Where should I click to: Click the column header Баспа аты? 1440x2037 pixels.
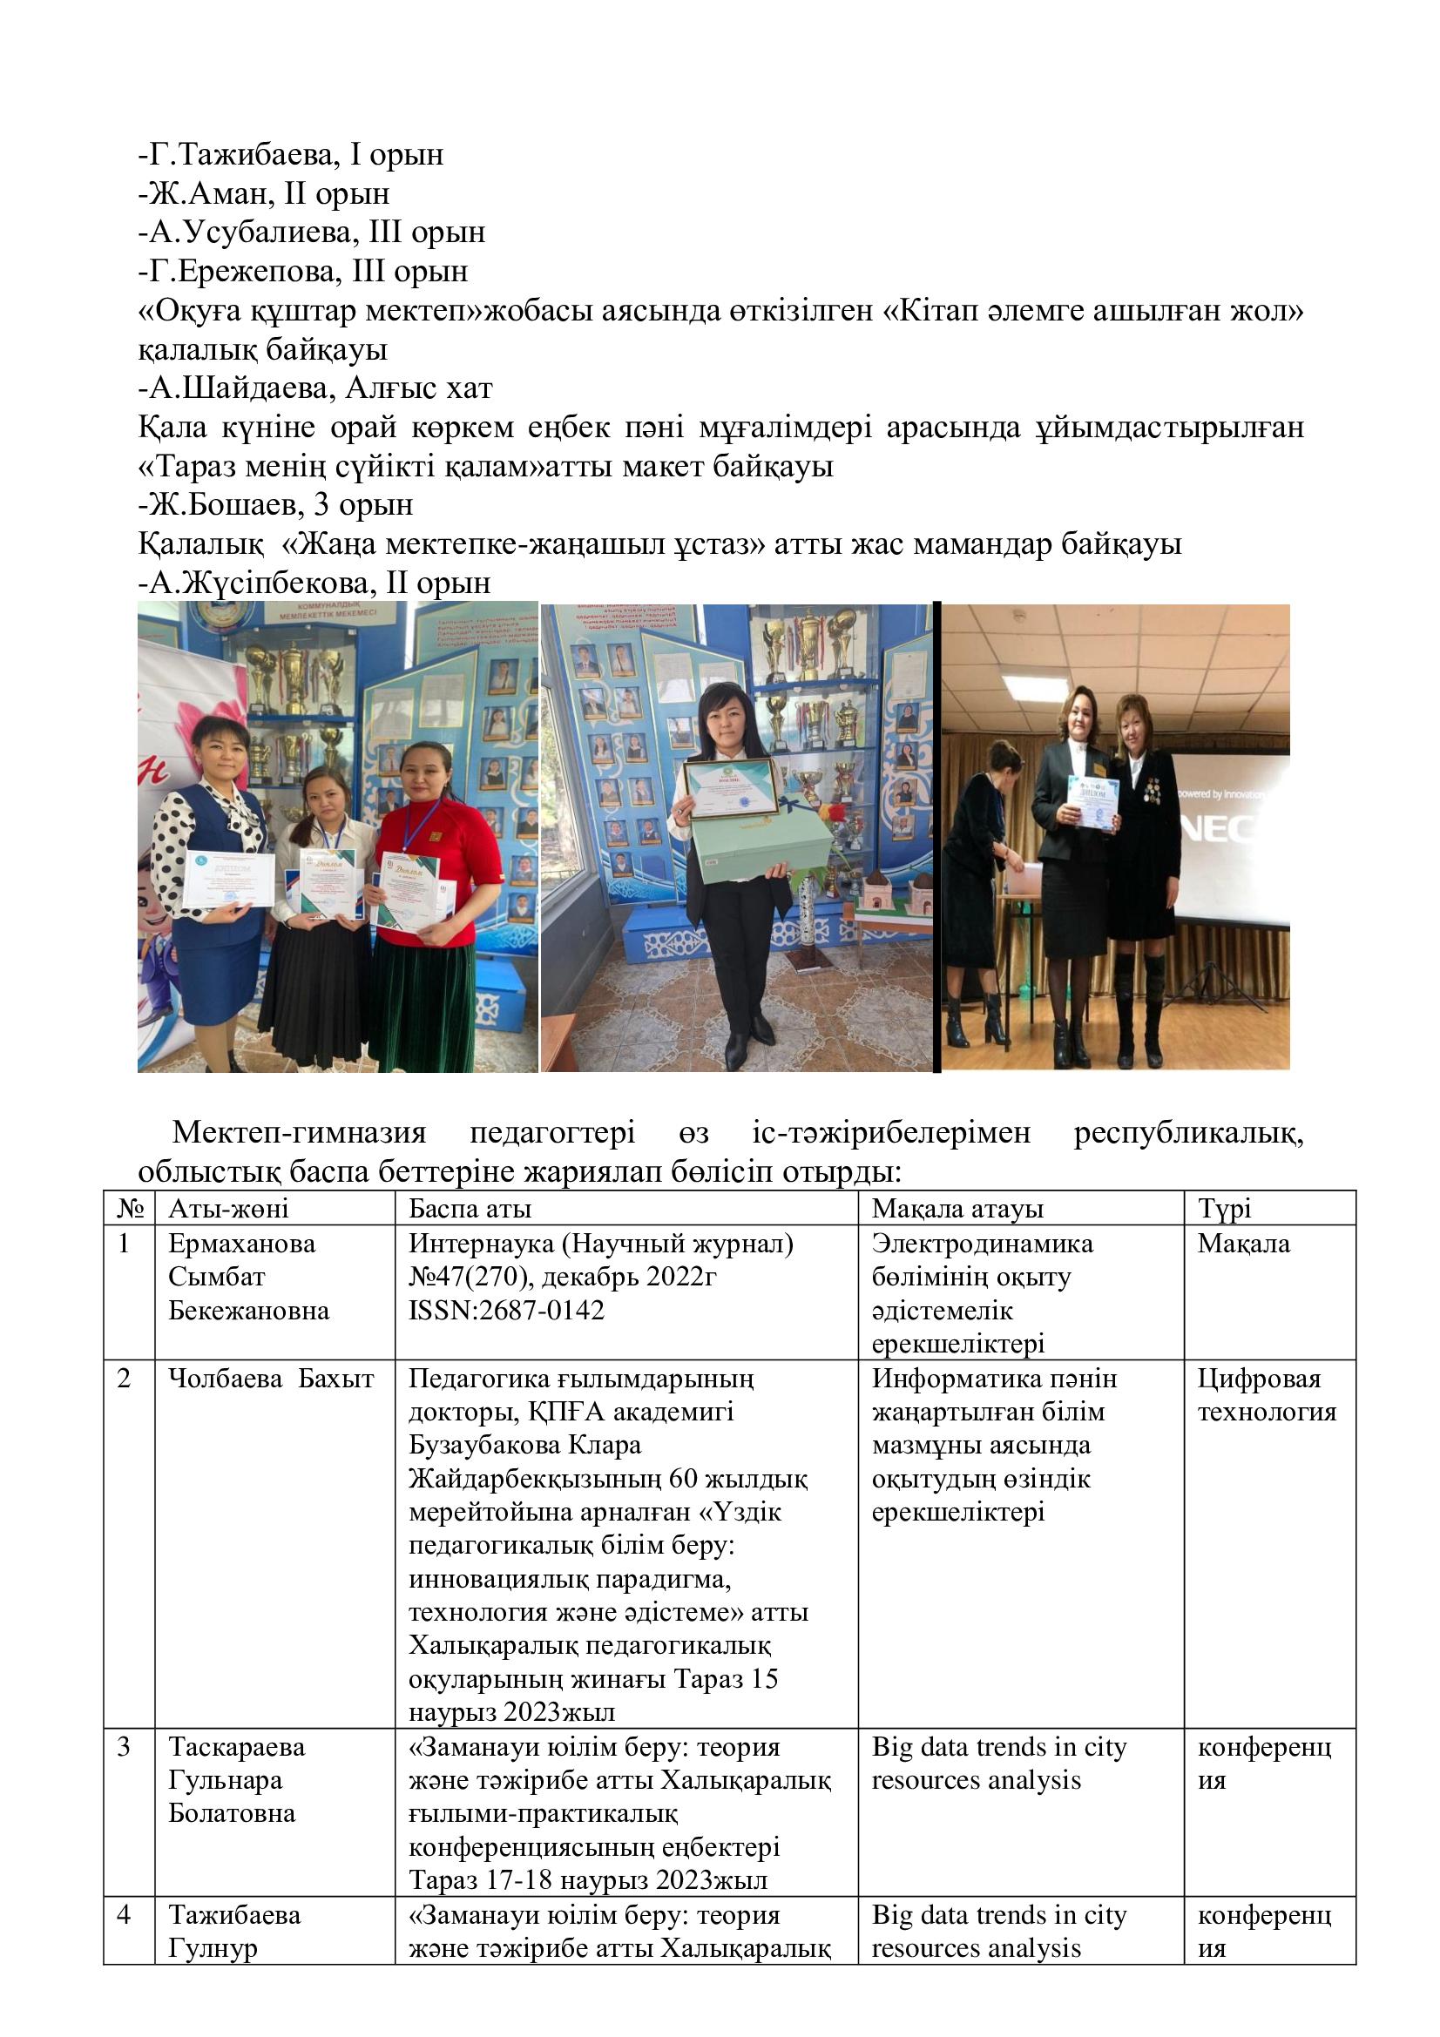coord(470,1209)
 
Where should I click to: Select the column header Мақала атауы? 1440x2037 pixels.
coord(957,1209)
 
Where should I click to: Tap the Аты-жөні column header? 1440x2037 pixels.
coord(228,1209)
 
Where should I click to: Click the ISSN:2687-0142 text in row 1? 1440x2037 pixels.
coord(506,1311)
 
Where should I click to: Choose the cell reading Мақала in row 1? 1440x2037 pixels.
coord(1243,1244)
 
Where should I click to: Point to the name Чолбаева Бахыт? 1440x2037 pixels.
coord(271,1379)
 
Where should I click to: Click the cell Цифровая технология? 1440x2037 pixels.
coord(1266,1395)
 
